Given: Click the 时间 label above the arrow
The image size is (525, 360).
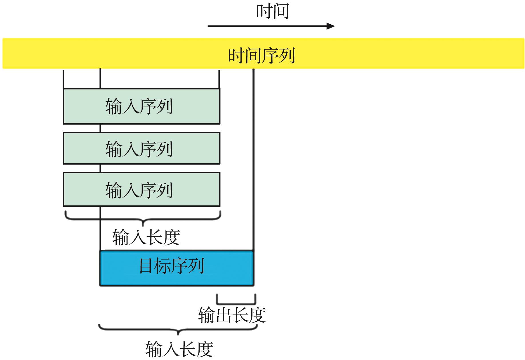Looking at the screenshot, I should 272,11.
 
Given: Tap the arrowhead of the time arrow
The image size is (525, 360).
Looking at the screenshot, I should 331,26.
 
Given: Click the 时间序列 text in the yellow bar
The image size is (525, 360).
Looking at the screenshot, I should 261,55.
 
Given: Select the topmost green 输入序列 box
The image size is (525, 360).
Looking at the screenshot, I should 141,106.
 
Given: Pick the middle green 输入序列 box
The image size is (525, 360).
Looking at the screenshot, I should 141,148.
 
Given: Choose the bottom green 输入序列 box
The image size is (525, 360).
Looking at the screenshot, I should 141,189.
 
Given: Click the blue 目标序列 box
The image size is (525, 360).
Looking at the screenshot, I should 176,268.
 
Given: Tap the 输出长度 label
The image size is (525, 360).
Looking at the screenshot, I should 232,315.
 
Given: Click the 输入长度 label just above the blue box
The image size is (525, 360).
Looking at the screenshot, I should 146,237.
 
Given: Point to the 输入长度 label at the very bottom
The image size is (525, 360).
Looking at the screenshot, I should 179,349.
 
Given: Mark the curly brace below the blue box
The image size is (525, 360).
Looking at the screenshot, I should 178,330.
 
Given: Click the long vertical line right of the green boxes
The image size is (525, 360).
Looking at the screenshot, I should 253,160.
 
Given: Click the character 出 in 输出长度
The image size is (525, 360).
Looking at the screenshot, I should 223,315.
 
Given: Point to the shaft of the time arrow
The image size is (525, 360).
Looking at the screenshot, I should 266,26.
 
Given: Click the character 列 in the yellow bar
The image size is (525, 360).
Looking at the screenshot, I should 286,55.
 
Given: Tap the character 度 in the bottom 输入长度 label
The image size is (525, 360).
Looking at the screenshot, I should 205,349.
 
